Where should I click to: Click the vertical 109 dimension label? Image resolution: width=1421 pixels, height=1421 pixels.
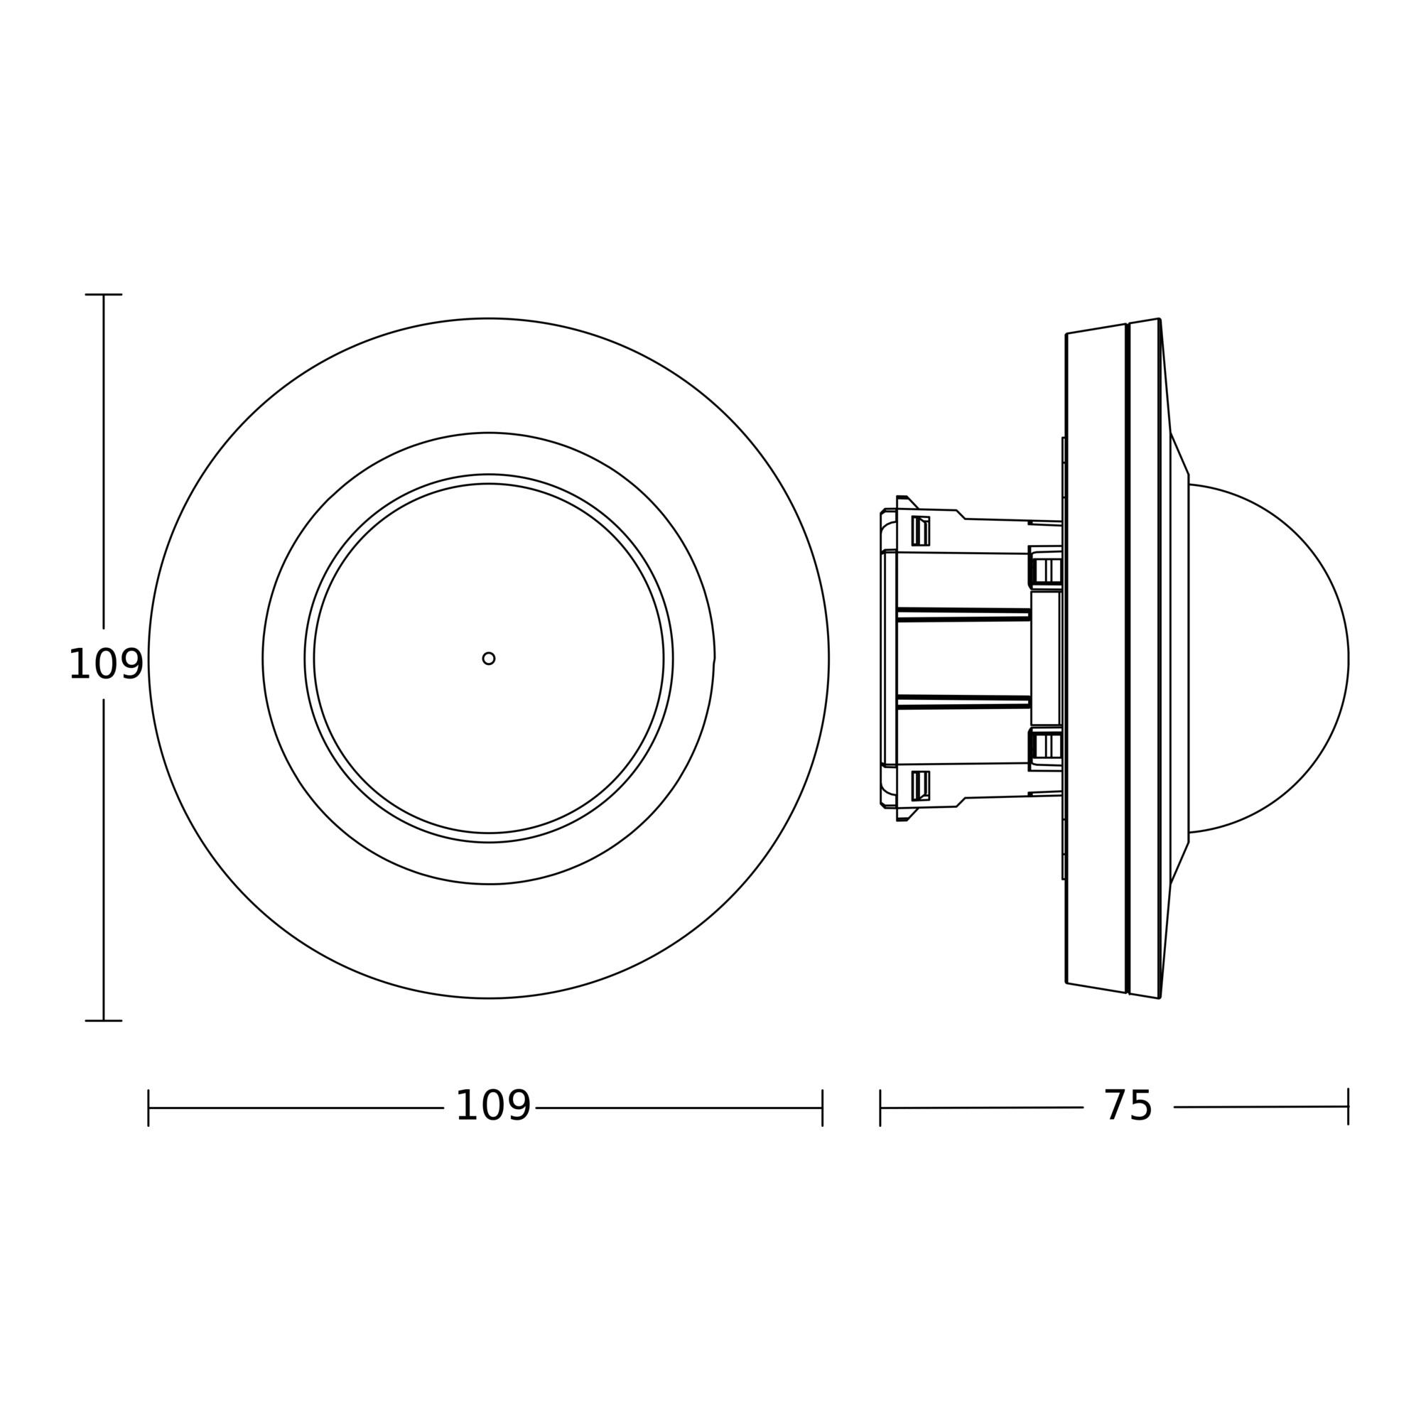(105, 664)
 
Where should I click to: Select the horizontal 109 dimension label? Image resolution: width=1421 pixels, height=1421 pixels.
(493, 1126)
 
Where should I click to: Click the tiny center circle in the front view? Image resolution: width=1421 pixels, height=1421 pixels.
(488, 659)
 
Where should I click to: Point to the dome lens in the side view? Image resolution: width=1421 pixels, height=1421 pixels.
(1268, 659)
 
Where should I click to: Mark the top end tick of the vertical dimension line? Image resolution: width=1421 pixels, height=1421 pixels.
(104, 294)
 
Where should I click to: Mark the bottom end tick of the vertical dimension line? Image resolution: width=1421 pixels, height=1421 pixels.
(104, 1021)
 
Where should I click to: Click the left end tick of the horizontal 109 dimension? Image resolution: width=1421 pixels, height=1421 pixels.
(148, 1128)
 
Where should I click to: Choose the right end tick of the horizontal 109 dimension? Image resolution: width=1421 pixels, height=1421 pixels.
(822, 1128)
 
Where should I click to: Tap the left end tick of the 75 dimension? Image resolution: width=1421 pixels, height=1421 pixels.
(880, 1128)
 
